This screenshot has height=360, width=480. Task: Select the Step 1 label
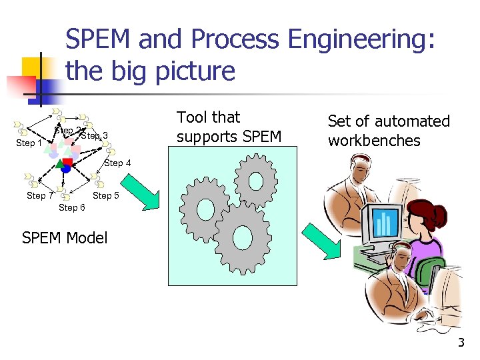click(x=29, y=143)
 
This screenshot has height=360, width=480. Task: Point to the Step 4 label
click(x=118, y=163)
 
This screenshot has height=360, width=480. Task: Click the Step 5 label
click(x=106, y=195)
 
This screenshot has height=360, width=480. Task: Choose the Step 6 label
click(x=72, y=207)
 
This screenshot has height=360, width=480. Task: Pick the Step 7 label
click(x=40, y=195)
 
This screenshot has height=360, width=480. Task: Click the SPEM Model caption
click(x=64, y=238)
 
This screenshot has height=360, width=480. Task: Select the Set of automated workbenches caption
click(x=389, y=131)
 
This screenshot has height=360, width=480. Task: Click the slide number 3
click(x=460, y=343)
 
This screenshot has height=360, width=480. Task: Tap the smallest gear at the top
click(x=255, y=179)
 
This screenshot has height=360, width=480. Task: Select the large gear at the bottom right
click(x=242, y=238)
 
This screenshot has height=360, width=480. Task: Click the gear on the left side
click(x=207, y=209)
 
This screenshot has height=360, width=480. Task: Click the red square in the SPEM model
click(x=67, y=162)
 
